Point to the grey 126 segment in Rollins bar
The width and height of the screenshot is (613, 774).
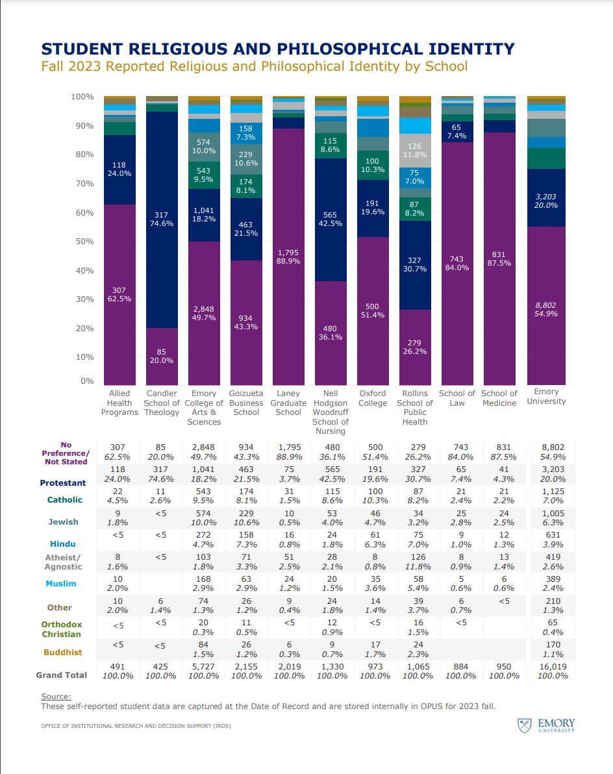tap(415, 151)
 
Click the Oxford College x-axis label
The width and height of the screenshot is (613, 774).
tap(373, 398)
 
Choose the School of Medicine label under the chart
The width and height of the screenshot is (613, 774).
tap(499, 398)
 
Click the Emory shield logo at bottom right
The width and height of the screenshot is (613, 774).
tap(524, 725)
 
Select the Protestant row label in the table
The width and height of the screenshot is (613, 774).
tap(62, 483)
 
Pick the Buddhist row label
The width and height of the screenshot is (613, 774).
tap(62, 653)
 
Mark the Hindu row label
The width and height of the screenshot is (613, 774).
tap(62, 544)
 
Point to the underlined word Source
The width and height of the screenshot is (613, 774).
tap(56, 696)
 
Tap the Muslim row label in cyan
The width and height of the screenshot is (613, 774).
tap(61, 584)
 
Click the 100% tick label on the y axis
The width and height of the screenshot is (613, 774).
tap(82, 97)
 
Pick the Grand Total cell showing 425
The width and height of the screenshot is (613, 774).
tap(162, 666)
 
